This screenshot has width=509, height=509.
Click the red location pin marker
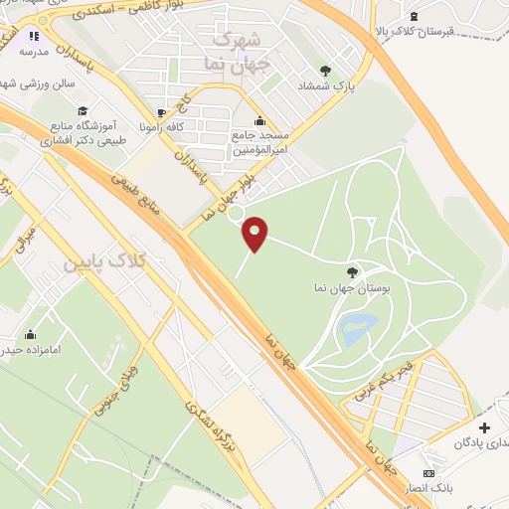pos(255,234)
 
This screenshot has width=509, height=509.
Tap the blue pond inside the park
pos(358,327)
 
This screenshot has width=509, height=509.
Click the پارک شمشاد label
pos(325,86)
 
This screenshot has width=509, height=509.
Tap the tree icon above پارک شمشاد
pos(325,70)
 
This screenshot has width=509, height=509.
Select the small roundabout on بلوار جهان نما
pos(236,212)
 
